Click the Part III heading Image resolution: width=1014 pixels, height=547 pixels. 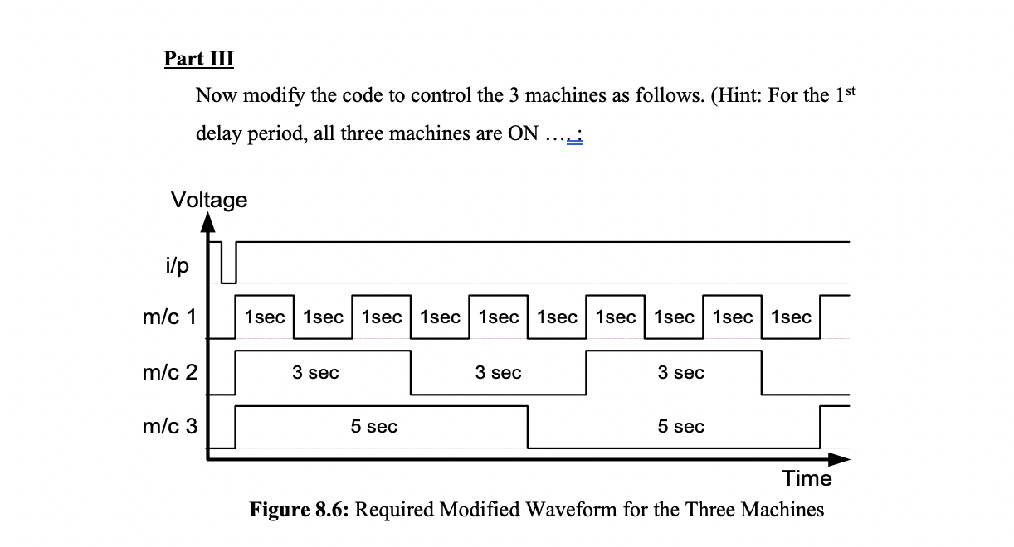(x=199, y=60)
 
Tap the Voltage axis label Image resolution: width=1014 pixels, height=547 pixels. (x=208, y=200)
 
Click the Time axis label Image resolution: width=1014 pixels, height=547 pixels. (x=807, y=478)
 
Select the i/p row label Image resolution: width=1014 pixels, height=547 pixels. (x=177, y=265)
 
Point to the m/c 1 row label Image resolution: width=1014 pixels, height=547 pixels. (x=169, y=316)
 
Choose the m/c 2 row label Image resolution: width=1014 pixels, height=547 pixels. (x=169, y=372)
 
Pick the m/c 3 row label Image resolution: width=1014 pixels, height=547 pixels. (x=169, y=426)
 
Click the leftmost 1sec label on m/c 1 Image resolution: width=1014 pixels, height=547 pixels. (x=265, y=317)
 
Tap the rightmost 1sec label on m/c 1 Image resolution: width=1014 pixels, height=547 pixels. (x=791, y=317)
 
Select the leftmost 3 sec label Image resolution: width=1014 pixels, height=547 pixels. (x=315, y=373)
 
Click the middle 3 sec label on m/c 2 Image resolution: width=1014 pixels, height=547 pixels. (x=498, y=373)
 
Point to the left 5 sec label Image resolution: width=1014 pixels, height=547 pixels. (x=373, y=427)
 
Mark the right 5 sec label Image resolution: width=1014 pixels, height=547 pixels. (x=680, y=427)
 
